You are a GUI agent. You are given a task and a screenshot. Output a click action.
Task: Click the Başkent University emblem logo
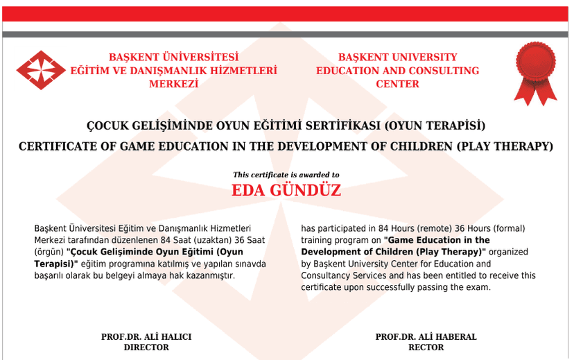(41, 70)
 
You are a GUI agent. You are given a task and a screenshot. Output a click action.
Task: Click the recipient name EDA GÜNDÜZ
(286, 191)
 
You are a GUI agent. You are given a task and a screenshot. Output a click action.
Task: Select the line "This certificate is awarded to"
(286, 175)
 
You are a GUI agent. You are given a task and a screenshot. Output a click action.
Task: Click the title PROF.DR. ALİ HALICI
(146, 336)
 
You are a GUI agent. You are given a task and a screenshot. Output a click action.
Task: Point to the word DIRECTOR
(146, 347)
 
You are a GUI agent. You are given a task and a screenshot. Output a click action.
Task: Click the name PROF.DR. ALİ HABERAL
(426, 336)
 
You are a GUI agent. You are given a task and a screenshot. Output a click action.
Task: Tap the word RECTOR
(426, 347)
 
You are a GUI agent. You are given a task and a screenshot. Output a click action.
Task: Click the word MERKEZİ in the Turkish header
(173, 84)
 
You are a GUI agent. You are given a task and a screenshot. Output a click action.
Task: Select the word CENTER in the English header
(397, 84)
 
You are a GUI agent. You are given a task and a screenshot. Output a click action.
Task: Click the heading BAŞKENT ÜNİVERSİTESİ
(173, 58)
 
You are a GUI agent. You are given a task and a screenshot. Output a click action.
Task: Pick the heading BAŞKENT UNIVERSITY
(397, 58)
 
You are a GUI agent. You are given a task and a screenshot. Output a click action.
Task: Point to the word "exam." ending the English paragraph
(478, 287)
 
